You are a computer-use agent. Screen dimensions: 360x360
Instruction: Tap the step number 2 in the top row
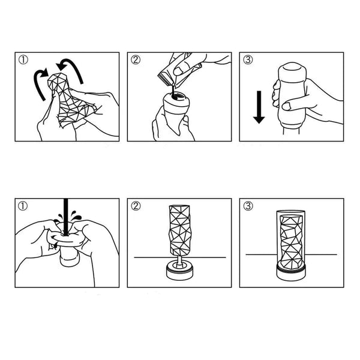tap(136, 60)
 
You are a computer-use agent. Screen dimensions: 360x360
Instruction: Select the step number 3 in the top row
tap(247, 60)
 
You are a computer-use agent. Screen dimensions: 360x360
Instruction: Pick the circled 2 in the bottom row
tap(136, 206)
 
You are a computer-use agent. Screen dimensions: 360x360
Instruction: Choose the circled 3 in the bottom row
tap(247, 206)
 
